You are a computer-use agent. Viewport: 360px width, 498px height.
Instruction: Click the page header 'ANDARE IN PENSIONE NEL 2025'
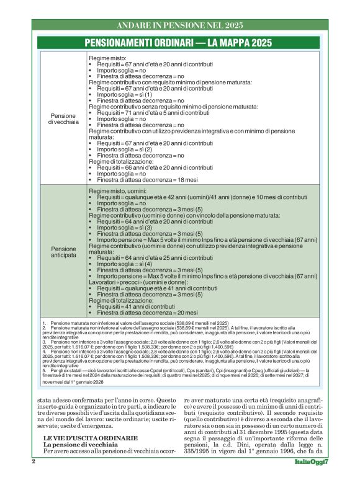179,25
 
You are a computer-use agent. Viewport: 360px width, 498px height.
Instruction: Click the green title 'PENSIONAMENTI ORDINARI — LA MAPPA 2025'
179,43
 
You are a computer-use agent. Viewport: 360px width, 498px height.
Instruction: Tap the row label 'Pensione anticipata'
63,252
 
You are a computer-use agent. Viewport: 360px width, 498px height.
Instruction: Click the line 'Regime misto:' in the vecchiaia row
107,58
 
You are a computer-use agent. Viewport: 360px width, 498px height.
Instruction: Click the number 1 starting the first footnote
44,324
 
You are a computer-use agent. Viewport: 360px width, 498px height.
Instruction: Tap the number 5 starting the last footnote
44,370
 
